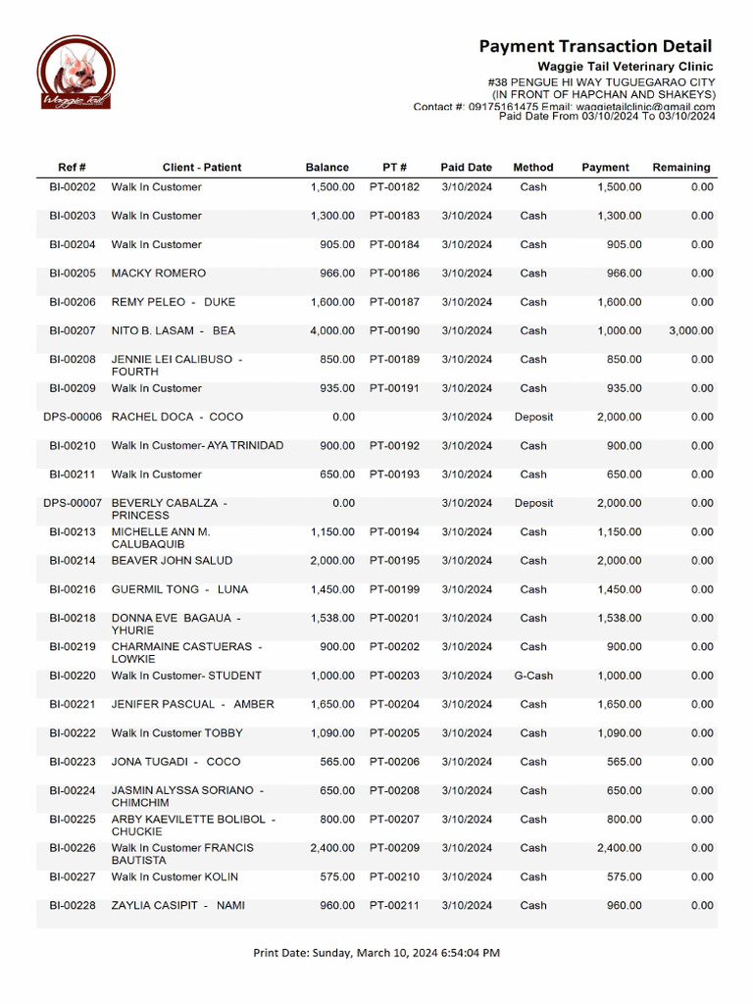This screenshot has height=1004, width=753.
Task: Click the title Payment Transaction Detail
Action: (595, 46)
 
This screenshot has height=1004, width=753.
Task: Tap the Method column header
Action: (533, 168)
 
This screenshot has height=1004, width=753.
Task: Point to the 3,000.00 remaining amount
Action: (691, 331)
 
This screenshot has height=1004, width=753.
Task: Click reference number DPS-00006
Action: (73, 418)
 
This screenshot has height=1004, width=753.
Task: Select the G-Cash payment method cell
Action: (533, 676)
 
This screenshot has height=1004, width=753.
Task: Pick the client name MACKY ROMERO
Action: (159, 274)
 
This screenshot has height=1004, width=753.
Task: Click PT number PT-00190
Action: (394, 331)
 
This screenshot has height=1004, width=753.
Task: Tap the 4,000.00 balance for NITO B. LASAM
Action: (332, 331)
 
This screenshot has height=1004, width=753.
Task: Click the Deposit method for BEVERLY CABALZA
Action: (533, 504)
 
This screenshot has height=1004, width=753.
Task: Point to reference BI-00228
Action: (73, 906)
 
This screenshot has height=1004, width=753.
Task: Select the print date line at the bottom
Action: (376, 952)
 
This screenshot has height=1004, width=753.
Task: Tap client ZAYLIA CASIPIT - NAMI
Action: (178, 906)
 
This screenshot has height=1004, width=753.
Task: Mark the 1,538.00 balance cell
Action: (332, 619)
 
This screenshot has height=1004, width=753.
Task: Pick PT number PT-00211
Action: (394, 906)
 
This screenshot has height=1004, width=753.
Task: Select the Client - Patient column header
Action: (202, 168)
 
